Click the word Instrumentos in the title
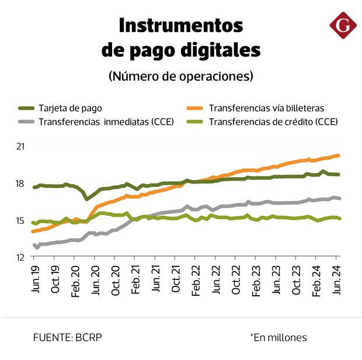[x=180, y=26]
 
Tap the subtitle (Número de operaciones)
[x=181, y=76]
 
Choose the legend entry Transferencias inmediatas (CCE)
[x=106, y=122]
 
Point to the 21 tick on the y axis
[x=20, y=146]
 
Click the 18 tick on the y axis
[x=20, y=184]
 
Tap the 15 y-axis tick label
[x=20, y=220]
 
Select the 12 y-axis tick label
[x=20, y=257]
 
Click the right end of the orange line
[x=339, y=155]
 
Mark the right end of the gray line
[x=339, y=199]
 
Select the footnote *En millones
[x=278, y=337]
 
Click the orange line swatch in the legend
[x=195, y=108]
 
